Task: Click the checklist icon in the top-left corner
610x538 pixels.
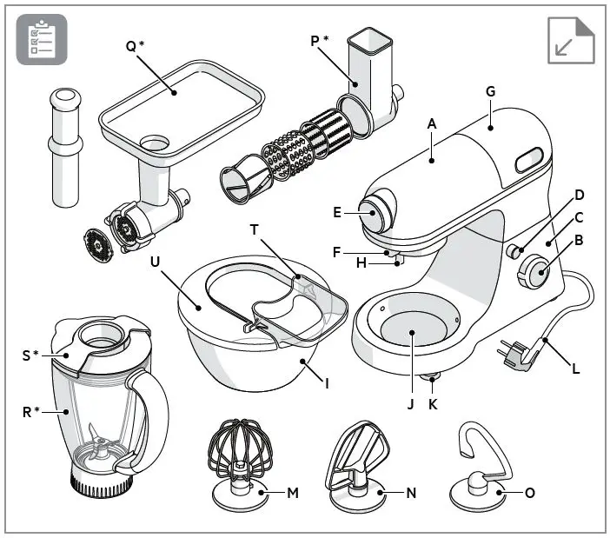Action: (x=41, y=40)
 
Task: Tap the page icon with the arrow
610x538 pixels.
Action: (x=571, y=40)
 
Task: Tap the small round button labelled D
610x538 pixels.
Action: (x=514, y=253)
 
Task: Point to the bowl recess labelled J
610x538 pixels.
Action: (x=413, y=331)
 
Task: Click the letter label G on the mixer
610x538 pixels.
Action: (x=491, y=90)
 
